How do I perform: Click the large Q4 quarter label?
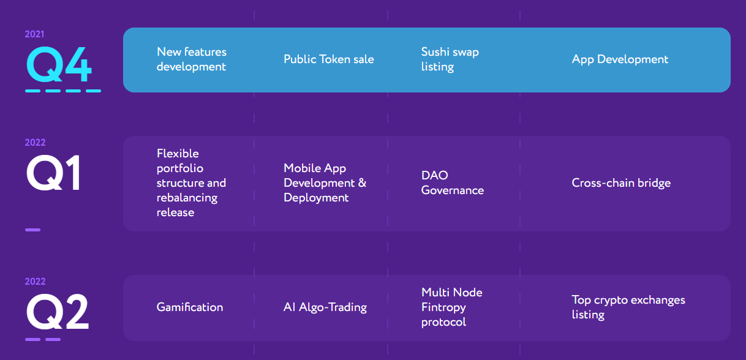[x=59, y=64]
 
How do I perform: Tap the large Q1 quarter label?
[x=53, y=173]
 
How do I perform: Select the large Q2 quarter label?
[x=58, y=312]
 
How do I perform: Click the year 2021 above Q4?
[x=34, y=34]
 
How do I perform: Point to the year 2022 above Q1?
[x=35, y=143]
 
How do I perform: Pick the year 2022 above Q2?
[x=35, y=282]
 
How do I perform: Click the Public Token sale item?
[x=329, y=59]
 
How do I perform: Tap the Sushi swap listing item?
[x=450, y=59]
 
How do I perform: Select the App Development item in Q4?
[x=620, y=59]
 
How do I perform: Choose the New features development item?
[x=192, y=59]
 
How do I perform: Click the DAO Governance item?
[x=452, y=183]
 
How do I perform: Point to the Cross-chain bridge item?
[x=621, y=183]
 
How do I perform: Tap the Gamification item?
[x=190, y=307]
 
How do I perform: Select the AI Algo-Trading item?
[x=325, y=307]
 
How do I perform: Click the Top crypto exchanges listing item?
[x=628, y=307]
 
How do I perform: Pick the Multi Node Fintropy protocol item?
[x=451, y=307]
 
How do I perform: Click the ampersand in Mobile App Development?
[x=363, y=183]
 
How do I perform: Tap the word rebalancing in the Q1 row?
[x=187, y=198]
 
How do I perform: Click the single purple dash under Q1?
[x=32, y=230]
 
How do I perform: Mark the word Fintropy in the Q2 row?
[x=443, y=308]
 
